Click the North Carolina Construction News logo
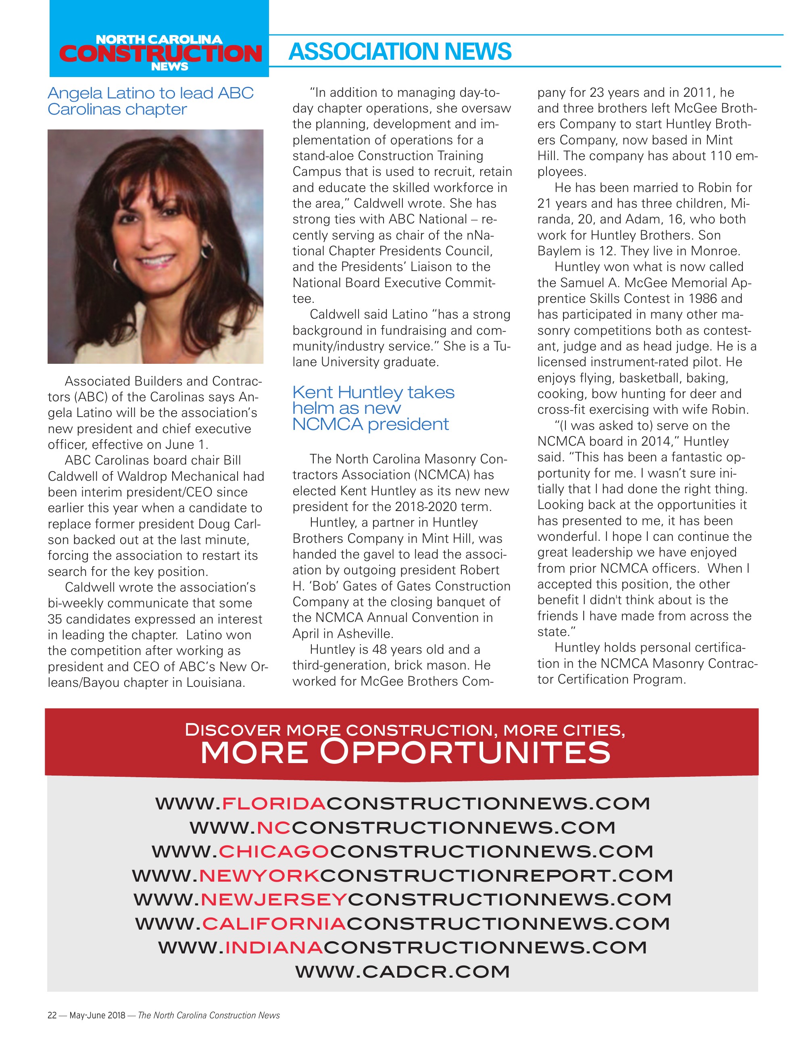[159, 52]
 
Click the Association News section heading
[400, 52]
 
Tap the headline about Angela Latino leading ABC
[150, 101]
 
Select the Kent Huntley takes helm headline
[373, 408]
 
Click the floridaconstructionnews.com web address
[402, 803]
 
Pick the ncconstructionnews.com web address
[402, 827]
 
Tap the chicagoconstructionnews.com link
[402, 851]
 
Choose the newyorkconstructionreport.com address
[402, 875]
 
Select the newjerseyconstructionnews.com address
[402, 899]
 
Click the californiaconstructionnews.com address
[402, 923]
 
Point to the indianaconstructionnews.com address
[402, 947]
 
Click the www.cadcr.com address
[402, 972]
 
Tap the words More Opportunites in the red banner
[405, 752]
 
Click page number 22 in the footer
[52, 1015]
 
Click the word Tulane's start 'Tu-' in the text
[502, 346]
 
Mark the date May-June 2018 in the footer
[97, 1015]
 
